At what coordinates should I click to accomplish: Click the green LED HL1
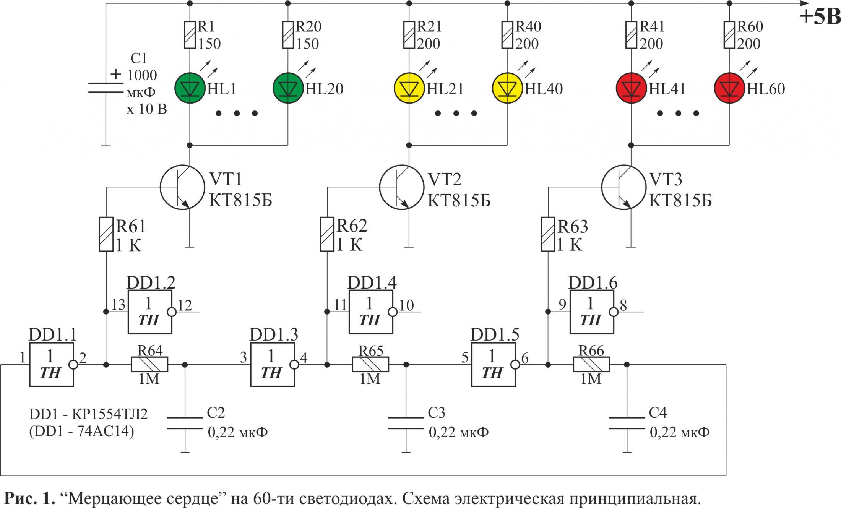point(190,88)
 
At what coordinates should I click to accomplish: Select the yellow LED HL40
point(507,88)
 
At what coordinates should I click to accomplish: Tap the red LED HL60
point(729,88)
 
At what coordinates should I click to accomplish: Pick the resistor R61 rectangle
point(106,234)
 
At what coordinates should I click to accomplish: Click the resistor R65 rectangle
point(370,365)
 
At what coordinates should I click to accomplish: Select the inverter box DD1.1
point(51,365)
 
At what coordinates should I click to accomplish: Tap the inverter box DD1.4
point(371,312)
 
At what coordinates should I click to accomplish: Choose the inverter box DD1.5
point(493,365)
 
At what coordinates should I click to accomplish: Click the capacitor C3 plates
point(406,423)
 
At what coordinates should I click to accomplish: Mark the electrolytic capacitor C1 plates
point(106,88)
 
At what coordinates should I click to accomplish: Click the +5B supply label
point(820,17)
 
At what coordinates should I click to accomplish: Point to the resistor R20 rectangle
point(288,35)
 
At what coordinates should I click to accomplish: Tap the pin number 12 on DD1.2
point(185,305)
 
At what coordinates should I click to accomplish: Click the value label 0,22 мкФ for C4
point(680,432)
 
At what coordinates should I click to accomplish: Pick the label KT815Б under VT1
point(240,201)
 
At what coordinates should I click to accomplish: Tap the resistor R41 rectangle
point(631,35)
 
